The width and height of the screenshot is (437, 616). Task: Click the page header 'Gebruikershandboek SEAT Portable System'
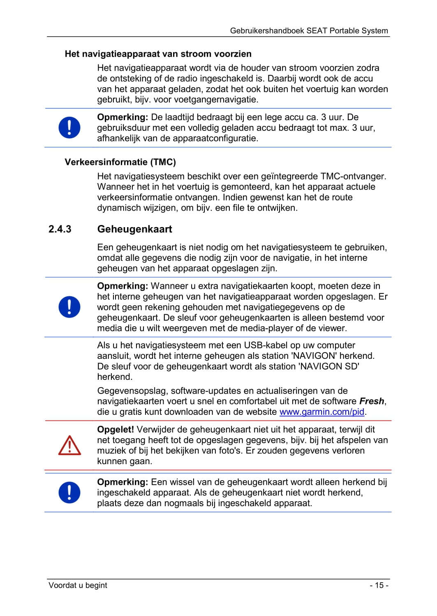[x=309, y=31]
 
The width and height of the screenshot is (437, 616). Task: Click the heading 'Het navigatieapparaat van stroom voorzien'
[x=158, y=54]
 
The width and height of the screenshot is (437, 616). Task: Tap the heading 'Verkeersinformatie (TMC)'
[x=120, y=162]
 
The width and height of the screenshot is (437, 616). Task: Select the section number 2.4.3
[x=60, y=229]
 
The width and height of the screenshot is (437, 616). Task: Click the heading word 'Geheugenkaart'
[x=134, y=229]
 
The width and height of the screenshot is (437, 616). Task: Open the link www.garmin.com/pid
[x=322, y=412]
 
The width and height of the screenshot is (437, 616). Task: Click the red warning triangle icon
[x=69, y=445]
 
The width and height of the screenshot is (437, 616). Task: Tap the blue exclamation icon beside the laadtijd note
[x=69, y=128]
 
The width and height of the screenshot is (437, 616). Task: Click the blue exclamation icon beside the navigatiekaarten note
[x=69, y=307]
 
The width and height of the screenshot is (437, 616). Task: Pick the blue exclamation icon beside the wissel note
[x=69, y=493]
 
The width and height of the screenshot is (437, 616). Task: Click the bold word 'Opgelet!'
[x=116, y=430]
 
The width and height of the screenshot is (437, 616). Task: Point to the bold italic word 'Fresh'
[x=372, y=401]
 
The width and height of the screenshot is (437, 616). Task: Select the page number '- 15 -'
[x=379, y=585]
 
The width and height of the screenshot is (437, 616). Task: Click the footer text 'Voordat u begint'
[x=78, y=585]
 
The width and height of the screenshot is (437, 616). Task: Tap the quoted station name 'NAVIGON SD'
[x=330, y=366]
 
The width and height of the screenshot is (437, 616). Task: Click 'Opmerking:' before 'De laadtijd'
[x=123, y=117]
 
